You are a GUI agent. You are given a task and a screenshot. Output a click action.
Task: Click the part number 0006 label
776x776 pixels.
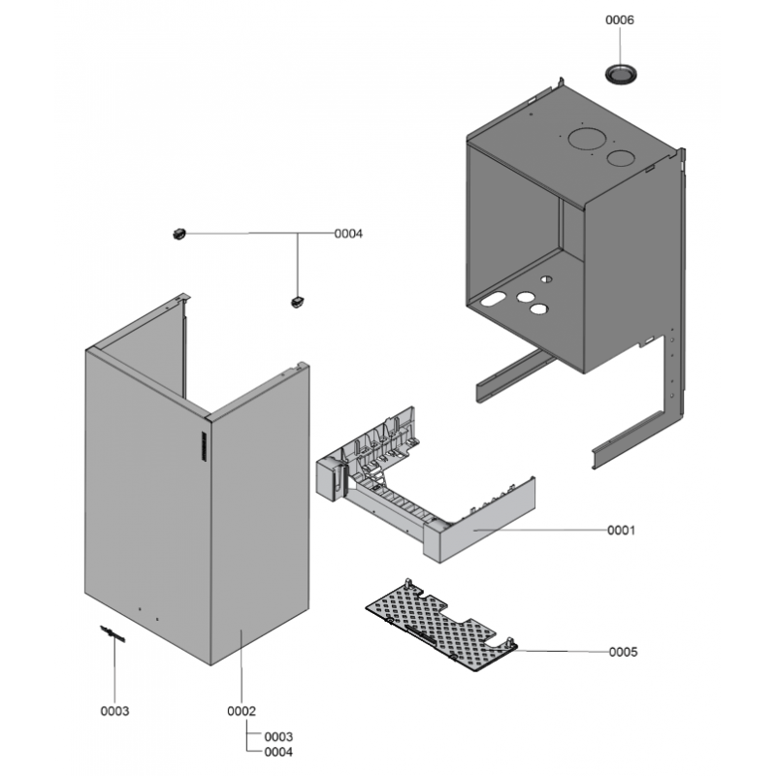point(619,19)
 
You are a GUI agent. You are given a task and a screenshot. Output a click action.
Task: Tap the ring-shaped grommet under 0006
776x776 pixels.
point(620,75)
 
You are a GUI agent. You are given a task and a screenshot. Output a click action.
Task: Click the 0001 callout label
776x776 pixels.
point(621,531)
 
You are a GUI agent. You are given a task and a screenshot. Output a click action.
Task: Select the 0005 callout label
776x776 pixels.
point(623,652)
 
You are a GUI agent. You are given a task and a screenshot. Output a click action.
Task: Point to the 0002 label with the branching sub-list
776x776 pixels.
point(242,711)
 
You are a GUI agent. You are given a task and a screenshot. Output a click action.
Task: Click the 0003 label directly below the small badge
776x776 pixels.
point(114,711)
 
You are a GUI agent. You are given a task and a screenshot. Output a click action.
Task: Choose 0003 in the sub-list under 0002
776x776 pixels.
point(278,737)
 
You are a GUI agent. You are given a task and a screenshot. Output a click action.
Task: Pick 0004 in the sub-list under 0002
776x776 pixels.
point(278,753)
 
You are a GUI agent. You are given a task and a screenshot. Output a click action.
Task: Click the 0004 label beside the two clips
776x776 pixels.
point(348,234)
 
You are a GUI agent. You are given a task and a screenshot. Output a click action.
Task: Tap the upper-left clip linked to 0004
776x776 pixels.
point(178,233)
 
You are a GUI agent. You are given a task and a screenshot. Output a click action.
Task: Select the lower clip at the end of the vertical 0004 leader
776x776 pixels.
point(297,302)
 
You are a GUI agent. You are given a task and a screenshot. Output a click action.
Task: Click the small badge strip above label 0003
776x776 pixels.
point(113,633)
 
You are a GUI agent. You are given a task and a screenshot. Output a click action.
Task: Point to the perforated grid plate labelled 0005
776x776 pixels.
point(440,625)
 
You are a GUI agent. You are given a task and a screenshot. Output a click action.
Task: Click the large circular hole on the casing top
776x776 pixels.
point(587,138)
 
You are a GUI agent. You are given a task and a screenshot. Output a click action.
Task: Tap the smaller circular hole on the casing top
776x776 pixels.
point(621,158)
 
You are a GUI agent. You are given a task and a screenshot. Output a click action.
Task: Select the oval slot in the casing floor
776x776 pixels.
point(494,299)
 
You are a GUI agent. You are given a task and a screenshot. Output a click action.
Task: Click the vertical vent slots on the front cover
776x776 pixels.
point(204,446)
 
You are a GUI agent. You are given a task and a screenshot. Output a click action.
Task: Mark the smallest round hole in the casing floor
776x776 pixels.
point(546,279)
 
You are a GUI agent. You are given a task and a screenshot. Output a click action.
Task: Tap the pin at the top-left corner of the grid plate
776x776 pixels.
point(407,583)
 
